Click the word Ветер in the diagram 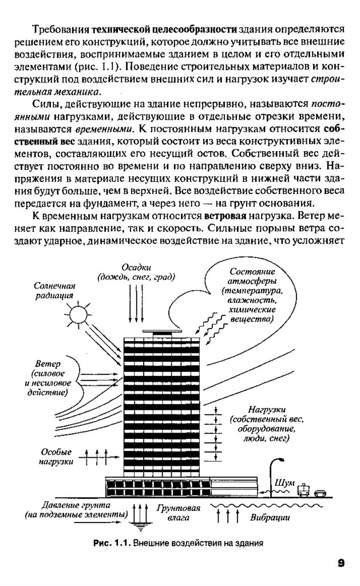(x=47, y=364)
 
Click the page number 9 (x=340, y=563)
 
